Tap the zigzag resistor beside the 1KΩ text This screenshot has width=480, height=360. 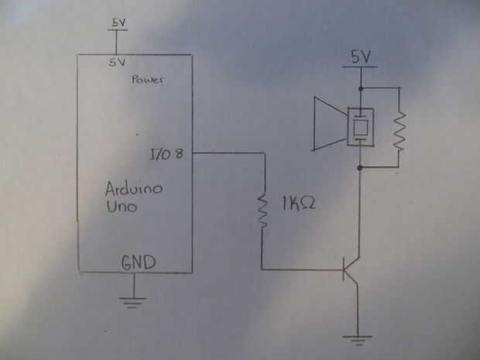(x=263, y=207)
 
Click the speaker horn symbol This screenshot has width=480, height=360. (x=327, y=124)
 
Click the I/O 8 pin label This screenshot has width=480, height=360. (x=166, y=155)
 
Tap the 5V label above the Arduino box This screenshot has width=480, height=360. (x=118, y=24)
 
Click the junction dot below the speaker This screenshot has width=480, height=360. (x=361, y=166)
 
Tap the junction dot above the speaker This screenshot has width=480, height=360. (x=361, y=87)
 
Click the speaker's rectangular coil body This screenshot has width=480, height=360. (x=361, y=126)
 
